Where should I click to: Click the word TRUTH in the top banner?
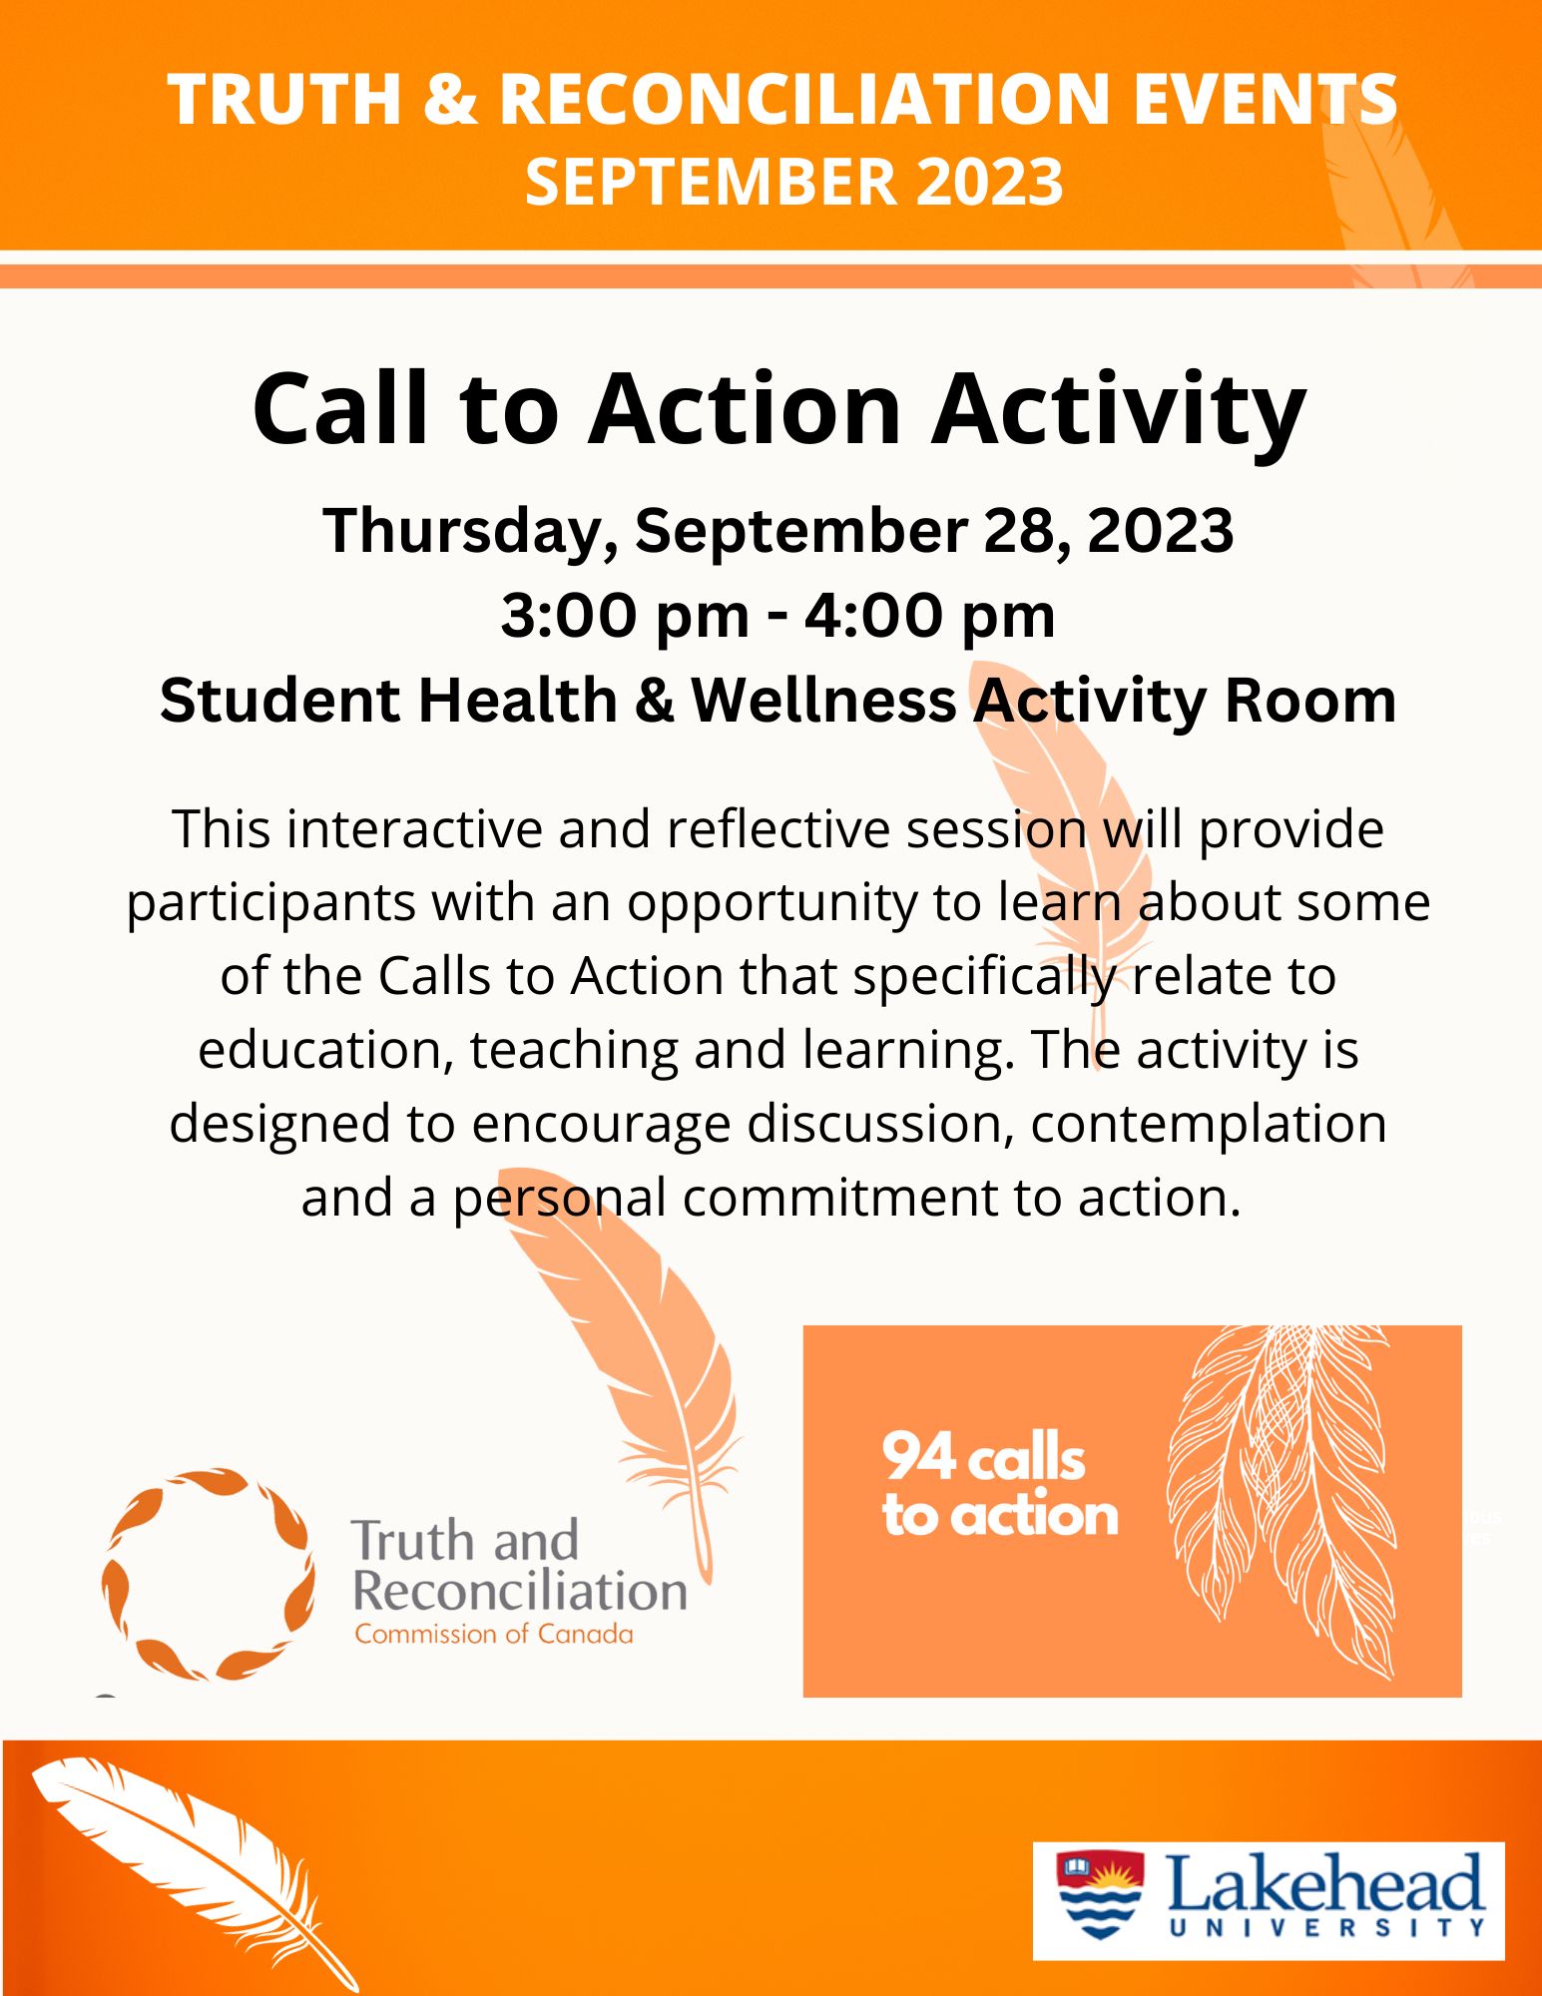(284, 100)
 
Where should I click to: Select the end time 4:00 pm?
(930, 616)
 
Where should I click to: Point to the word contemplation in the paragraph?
(1209, 1125)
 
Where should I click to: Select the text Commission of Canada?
(494, 1635)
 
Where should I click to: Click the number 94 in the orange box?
(918, 1456)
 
